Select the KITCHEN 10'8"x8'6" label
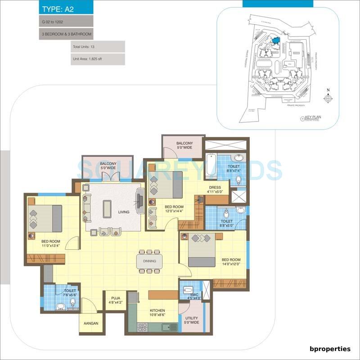[x=158, y=313]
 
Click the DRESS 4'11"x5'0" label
[x=215, y=189]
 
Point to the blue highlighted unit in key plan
[x=275, y=40]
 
